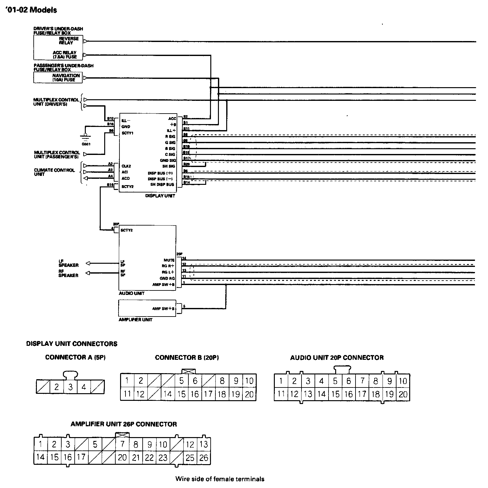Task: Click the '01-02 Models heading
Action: pos(30,10)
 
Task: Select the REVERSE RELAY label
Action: pos(69,40)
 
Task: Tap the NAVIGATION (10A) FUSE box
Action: pos(58,77)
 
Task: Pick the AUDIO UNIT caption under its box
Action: pos(132,293)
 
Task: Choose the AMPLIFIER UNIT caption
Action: pos(135,320)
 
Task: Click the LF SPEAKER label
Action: pos(68,263)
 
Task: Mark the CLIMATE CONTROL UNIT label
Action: pos(54,172)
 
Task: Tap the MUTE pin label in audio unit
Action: pos(169,260)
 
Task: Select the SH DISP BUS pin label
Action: pos(162,185)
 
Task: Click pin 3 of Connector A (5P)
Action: pos(70,387)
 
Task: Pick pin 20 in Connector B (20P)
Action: pos(249,394)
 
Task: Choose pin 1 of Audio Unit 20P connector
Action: pos(281,381)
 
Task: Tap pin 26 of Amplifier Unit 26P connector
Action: pos(203,457)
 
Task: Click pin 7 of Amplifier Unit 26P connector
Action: pos(122,444)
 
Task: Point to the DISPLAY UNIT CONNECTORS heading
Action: pos(72,344)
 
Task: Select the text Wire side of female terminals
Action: pos(220,478)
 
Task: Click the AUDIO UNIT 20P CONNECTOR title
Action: pos(337,358)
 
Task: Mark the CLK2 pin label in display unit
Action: pos(126,166)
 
